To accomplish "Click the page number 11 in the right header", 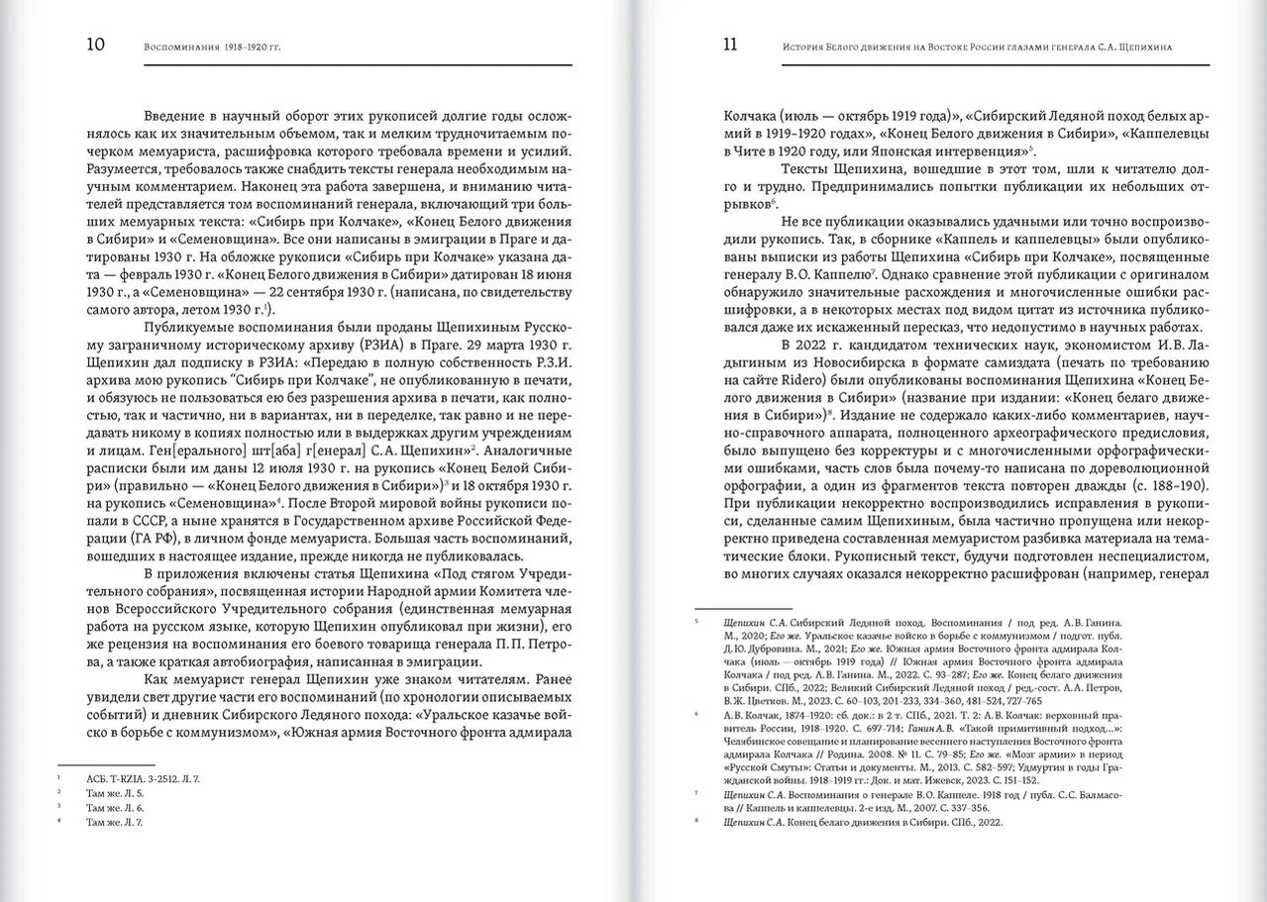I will coord(730,45).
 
